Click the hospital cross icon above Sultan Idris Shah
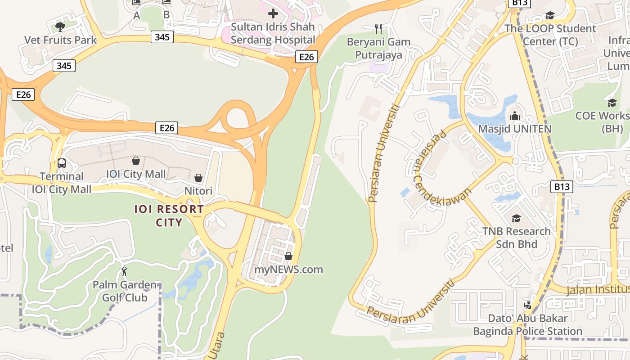point(273,13)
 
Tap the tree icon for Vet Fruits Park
point(60,27)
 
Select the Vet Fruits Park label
point(60,40)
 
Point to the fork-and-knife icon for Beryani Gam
point(378,29)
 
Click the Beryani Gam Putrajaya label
point(378,49)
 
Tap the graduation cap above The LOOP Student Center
point(550,16)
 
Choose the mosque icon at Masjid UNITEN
point(515,116)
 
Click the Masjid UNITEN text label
point(514,129)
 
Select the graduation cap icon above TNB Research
point(516,218)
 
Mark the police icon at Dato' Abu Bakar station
point(528,305)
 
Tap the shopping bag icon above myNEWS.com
point(288,256)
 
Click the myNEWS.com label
point(288,270)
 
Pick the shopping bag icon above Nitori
point(198,178)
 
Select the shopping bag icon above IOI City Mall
point(135,160)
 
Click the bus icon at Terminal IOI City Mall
point(62,163)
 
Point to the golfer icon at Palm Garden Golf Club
point(125,271)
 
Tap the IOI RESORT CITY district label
point(169,216)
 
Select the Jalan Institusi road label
point(598,289)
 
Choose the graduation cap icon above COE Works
point(612,103)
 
